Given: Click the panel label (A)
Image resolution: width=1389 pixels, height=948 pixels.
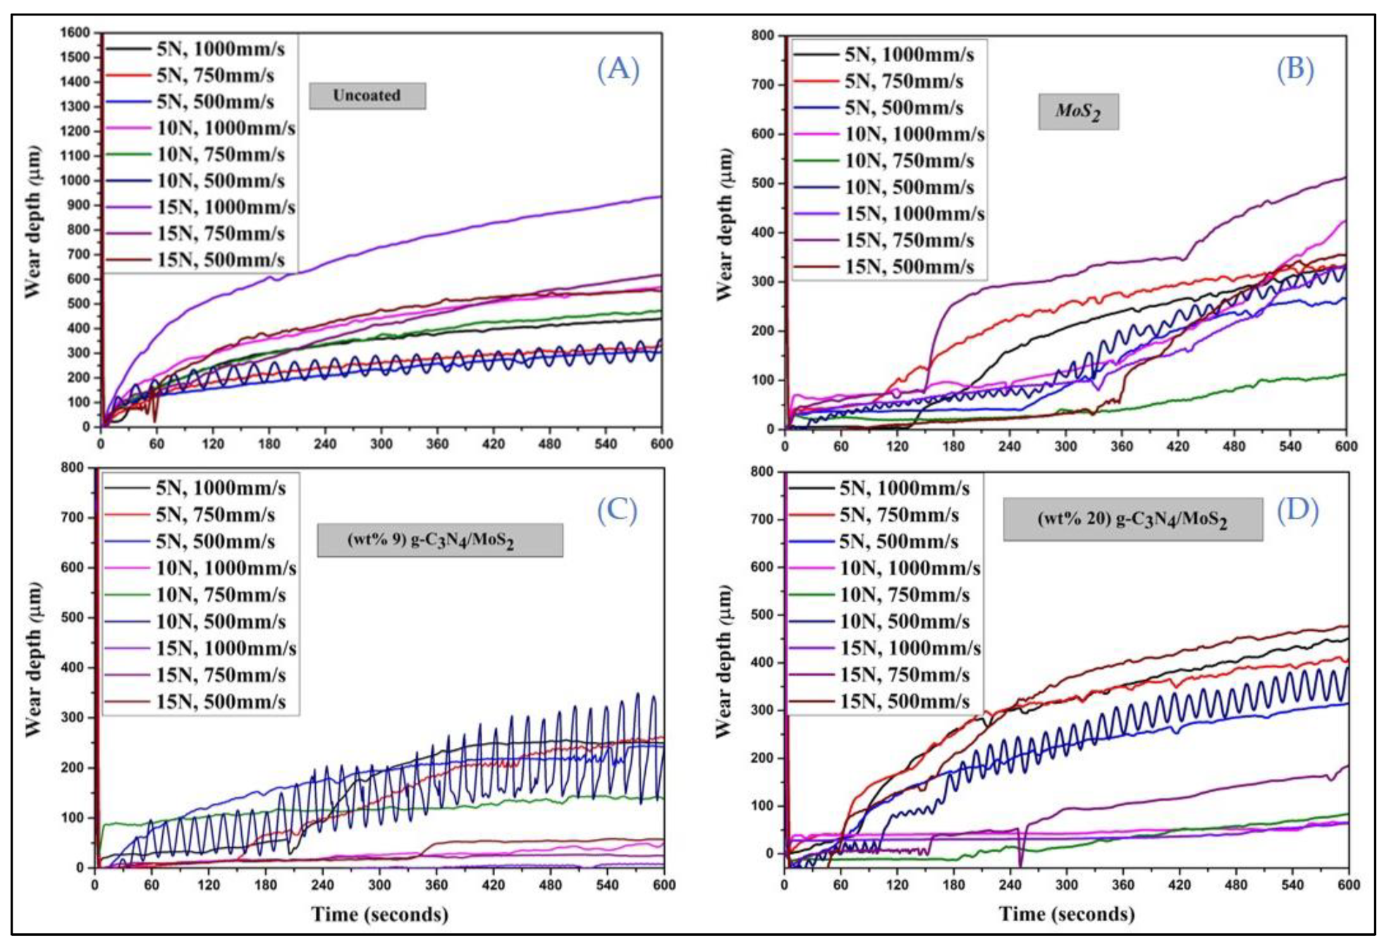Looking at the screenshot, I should [x=618, y=69].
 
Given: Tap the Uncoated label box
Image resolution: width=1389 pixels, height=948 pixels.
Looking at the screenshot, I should [x=367, y=95].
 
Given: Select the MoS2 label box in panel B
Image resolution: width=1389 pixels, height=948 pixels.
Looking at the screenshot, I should [x=1077, y=111].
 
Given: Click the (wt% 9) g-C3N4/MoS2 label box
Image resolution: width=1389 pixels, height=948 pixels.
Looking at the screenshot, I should [x=439, y=540].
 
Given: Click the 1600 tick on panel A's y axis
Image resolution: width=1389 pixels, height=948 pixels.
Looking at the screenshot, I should [x=75, y=32].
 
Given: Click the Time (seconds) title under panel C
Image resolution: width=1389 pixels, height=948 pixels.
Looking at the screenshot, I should [x=379, y=914].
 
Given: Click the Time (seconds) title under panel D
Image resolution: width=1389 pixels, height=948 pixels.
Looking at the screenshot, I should [x=1066, y=914].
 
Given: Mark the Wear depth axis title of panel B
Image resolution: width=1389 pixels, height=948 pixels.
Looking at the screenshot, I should [x=724, y=224].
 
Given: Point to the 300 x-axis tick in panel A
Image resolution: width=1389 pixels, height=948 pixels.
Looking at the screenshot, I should [x=381, y=444].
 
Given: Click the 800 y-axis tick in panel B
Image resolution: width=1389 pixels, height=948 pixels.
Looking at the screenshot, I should [x=762, y=35].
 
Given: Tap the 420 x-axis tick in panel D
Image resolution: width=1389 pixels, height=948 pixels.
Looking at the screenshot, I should [x=1179, y=885].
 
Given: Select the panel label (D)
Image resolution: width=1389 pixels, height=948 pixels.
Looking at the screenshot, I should [x=1297, y=510].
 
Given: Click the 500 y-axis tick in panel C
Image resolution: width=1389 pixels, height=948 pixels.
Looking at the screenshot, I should [x=72, y=617].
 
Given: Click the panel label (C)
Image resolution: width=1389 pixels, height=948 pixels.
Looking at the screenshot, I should [x=616, y=510].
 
